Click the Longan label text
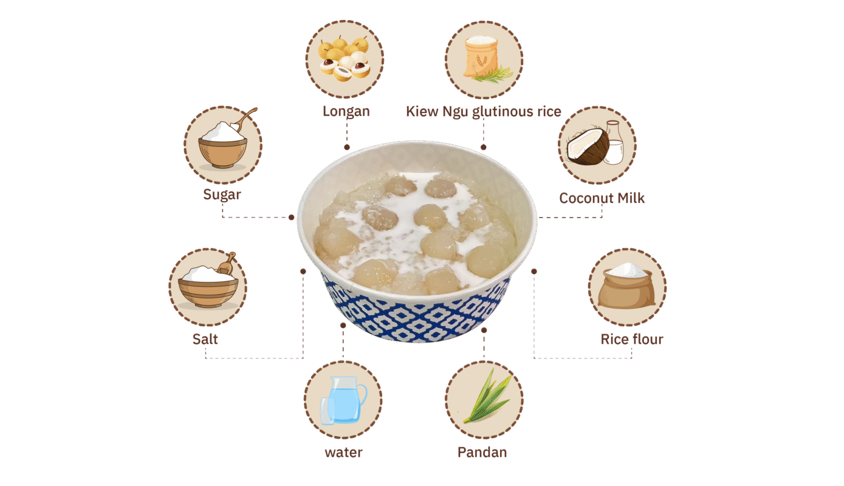click(x=346, y=112)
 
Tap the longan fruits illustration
click(x=344, y=59)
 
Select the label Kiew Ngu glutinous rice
click(x=484, y=112)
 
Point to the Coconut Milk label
click(x=602, y=198)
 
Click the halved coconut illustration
click(x=588, y=146)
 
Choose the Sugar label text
click(x=222, y=195)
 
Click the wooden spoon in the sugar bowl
click(x=245, y=118)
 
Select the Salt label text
click(x=205, y=339)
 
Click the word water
click(x=343, y=452)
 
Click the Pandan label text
click(x=482, y=452)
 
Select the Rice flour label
click(x=632, y=339)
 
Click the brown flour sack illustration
click(x=626, y=286)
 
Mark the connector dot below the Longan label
click(x=346, y=147)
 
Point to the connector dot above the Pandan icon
click(x=484, y=330)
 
